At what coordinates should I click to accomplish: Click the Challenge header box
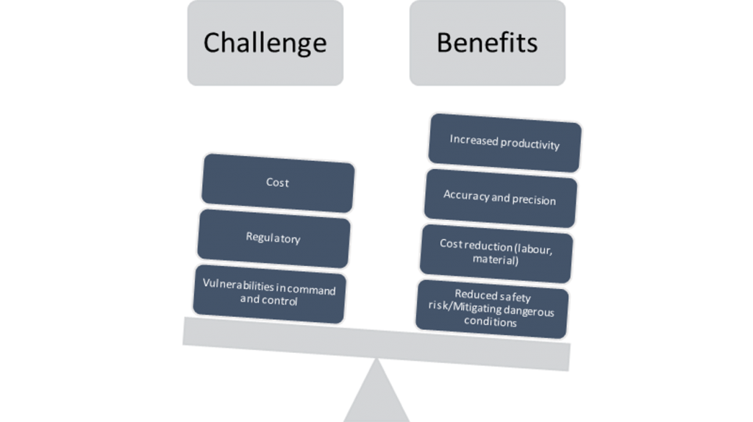pyautogui.click(x=265, y=43)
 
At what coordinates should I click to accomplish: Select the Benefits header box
pyautogui.click(x=488, y=43)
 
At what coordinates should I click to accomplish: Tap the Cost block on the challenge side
pyautogui.click(x=278, y=183)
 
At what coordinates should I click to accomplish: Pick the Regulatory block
pyautogui.click(x=274, y=238)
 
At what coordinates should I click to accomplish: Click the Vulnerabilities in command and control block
pyautogui.click(x=269, y=294)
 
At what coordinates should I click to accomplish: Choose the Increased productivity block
pyautogui.click(x=504, y=143)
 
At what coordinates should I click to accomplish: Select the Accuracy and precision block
pyautogui.click(x=500, y=198)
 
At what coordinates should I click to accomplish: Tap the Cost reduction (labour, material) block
pyautogui.click(x=496, y=253)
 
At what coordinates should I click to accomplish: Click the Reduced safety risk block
pyautogui.click(x=492, y=309)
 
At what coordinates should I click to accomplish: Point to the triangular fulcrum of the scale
pyautogui.click(x=376, y=393)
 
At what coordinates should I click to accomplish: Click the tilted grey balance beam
pyautogui.click(x=376, y=344)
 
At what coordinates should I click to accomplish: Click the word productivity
pyautogui.click(x=530, y=144)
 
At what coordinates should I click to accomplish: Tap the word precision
pyautogui.click(x=534, y=200)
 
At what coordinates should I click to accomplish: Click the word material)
pyautogui.click(x=496, y=260)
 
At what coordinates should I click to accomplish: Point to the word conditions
pyautogui.click(x=490, y=321)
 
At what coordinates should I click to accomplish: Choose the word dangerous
pyautogui.click(x=529, y=311)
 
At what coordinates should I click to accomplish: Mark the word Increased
pyautogui.click(x=474, y=140)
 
